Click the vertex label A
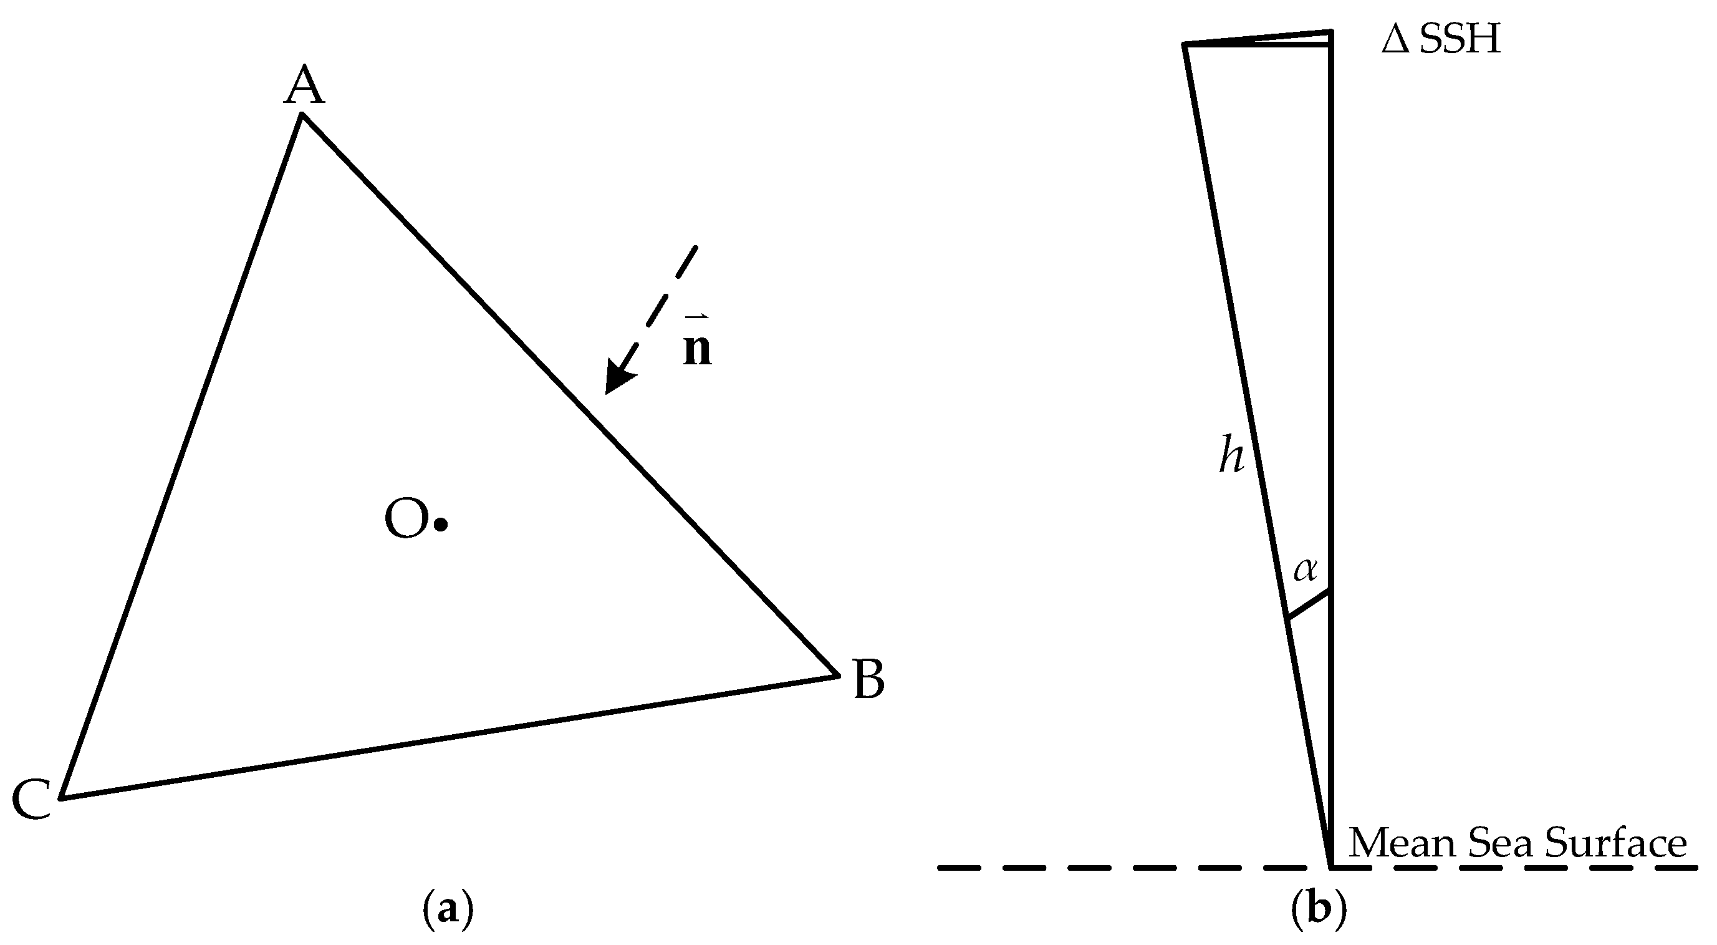pyautogui.click(x=304, y=86)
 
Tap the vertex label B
pyautogui.click(x=868, y=679)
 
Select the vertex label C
pyautogui.click(x=31, y=799)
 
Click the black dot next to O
pyautogui.click(x=441, y=525)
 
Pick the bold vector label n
pyautogui.click(x=697, y=348)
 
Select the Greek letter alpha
pyautogui.click(x=1305, y=569)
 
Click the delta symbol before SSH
pyautogui.click(x=1396, y=40)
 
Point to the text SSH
pyautogui.click(x=1460, y=40)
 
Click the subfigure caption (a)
pyautogui.click(x=448, y=910)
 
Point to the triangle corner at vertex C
pyautogui.click(x=60, y=798)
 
